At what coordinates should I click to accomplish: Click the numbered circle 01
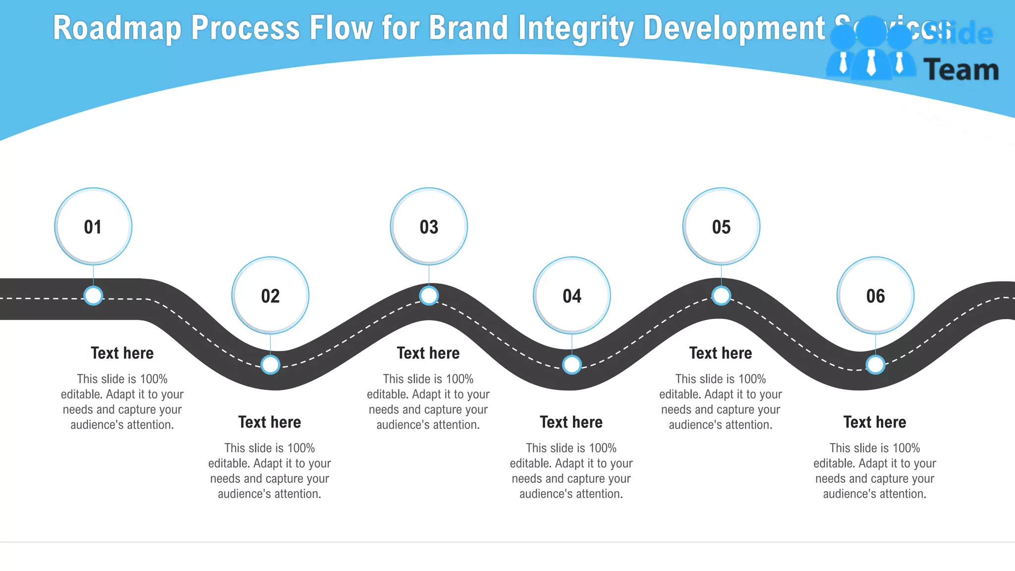click(x=93, y=227)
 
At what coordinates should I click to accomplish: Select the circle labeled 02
click(x=271, y=295)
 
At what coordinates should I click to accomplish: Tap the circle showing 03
click(x=429, y=227)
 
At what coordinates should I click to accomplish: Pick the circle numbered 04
click(x=572, y=295)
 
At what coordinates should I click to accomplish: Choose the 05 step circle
click(x=721, y=227)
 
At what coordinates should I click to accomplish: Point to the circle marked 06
click(x=875, y=295)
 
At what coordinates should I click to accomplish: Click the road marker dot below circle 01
click(x=93, y=296)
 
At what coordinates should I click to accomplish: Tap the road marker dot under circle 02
click(x=271, y=365)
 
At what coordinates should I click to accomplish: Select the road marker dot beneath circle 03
click(x=429, y=296)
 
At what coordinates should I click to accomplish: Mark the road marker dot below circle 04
click(x=572, y=365)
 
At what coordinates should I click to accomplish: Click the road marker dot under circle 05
click(x=721, y=296)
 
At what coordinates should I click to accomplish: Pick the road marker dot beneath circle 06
click(x=875, y=365)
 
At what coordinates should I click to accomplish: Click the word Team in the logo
click(x=961, y=70)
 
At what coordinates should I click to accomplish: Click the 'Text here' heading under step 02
click(x=270, y=422)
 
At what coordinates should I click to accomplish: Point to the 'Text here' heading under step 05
click(x=721, y=353)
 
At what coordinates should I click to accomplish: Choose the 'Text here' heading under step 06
click(x=875, y=422)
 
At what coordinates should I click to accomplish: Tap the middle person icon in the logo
click(x=871, y=50)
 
